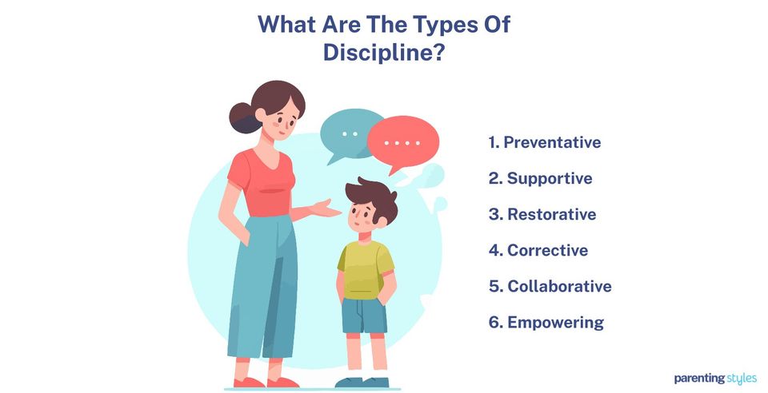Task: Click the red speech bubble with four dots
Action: pos(402,144)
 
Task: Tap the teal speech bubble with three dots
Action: pos(350,133)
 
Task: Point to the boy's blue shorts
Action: pos(365,314)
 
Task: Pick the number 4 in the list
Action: pos(494,251)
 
